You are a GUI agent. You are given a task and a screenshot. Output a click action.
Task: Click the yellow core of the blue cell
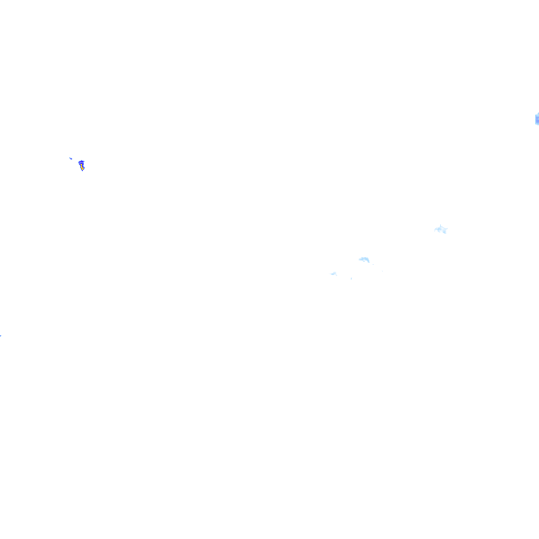(x=82, y=167)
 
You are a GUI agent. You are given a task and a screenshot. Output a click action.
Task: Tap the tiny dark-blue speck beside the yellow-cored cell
(x=71, y=158)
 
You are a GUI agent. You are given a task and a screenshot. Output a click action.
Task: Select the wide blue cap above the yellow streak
(x=81, y=163)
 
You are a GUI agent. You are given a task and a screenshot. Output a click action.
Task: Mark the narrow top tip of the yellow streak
(x=81, y=165)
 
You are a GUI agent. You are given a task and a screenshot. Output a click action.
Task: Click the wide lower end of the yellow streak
(x=83, y=168)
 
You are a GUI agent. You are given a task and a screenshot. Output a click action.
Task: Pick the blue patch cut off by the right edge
(x=536, y=119)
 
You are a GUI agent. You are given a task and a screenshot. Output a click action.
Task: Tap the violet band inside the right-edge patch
(x=537, y=121)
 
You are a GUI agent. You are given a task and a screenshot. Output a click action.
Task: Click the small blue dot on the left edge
(x=1, y=335)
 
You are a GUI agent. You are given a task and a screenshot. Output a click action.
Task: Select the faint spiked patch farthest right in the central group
(x=441, y=229)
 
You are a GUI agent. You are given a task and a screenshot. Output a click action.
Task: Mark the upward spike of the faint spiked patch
(x=440, y=225)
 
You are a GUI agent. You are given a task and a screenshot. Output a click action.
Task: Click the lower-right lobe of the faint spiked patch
(x=445, y=232)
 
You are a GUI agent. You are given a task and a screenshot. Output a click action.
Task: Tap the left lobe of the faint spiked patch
(x=436, y=229)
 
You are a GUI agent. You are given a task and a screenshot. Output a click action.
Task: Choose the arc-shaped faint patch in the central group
(x=364, y=259)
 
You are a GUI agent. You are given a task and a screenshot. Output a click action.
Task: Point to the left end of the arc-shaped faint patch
(x=360, y=259)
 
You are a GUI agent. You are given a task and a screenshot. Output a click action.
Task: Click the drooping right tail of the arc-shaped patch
(x=368, y=261)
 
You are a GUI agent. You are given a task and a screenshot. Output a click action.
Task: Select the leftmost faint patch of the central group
(x=333, y=274)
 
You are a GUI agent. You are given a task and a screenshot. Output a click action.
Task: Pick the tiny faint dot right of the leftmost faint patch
(x=351, y=278)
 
